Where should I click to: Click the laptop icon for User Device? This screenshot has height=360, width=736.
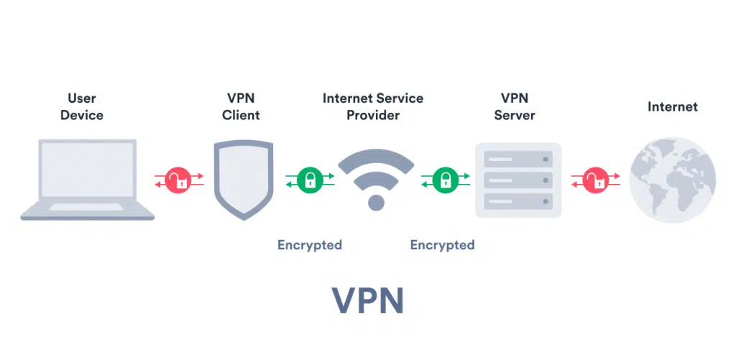87,180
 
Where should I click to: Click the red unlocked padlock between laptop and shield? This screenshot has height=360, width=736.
179,180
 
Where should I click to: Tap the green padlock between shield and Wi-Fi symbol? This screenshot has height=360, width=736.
310,180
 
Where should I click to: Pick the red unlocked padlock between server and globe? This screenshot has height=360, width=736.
595,180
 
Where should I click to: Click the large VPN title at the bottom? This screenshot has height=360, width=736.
367,301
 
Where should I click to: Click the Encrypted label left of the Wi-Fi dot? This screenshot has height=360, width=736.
310,245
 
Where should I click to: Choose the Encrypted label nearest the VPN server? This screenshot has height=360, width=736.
442,245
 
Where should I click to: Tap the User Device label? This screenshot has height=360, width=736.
82,106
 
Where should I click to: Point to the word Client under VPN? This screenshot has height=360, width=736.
241,115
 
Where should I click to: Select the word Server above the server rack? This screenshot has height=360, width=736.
515,115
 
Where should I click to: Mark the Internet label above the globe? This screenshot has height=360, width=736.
672,107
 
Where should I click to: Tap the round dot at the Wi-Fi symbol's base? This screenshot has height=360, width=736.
376,203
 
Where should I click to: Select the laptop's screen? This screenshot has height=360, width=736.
87,170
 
